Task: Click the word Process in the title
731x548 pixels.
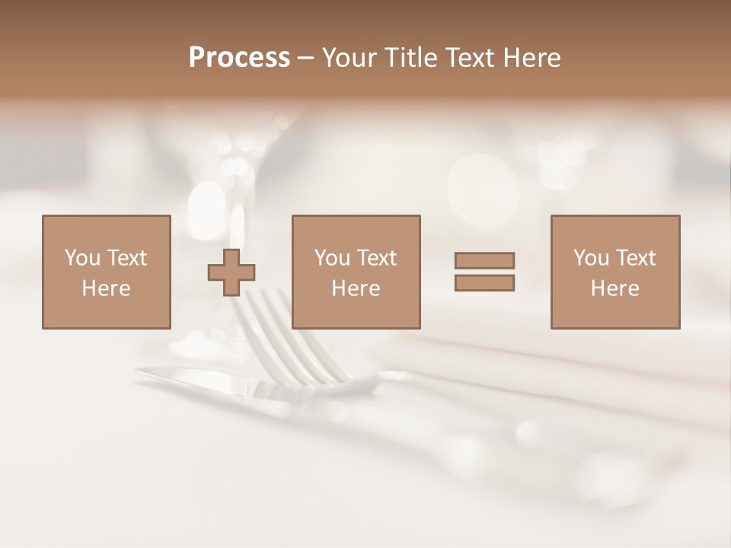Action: coord(239,58)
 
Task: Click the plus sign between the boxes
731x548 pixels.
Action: coord(231,272)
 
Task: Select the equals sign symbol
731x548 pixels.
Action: coord(484,272)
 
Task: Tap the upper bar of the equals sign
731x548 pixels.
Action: coord(484,261)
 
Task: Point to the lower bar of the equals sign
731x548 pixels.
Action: coord(484,282)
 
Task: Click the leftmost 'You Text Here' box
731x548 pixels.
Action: coord(107,272)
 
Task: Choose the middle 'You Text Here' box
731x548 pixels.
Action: coord(356,272)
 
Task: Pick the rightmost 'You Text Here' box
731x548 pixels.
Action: coord(615,272)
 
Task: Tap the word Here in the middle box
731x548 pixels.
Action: coord(356,288)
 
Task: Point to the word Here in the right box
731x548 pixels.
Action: coord(615,288)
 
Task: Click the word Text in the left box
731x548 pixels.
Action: coord(126,258)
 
